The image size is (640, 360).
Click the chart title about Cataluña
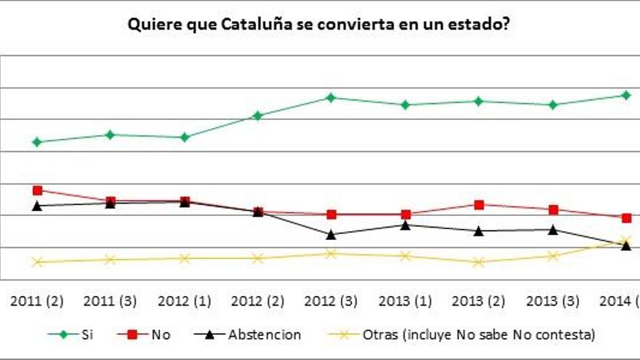(318, 25)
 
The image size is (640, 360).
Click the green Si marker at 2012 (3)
(331, 97)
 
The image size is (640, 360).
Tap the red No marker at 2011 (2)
(37, 191)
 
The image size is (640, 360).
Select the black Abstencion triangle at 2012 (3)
(331, 234)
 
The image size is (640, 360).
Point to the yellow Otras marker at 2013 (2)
(479, 262)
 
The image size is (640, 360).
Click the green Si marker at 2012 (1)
(185, 137)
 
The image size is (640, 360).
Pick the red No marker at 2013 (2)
(479, 204)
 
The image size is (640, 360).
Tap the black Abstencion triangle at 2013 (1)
(405, 225)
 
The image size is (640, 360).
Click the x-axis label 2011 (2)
(37, 301)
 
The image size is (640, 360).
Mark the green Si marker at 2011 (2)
(37, 142)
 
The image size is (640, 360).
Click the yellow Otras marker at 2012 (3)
(331, 253)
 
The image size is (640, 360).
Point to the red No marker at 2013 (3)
(553, 209)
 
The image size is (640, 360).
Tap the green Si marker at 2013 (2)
(479, 101)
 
